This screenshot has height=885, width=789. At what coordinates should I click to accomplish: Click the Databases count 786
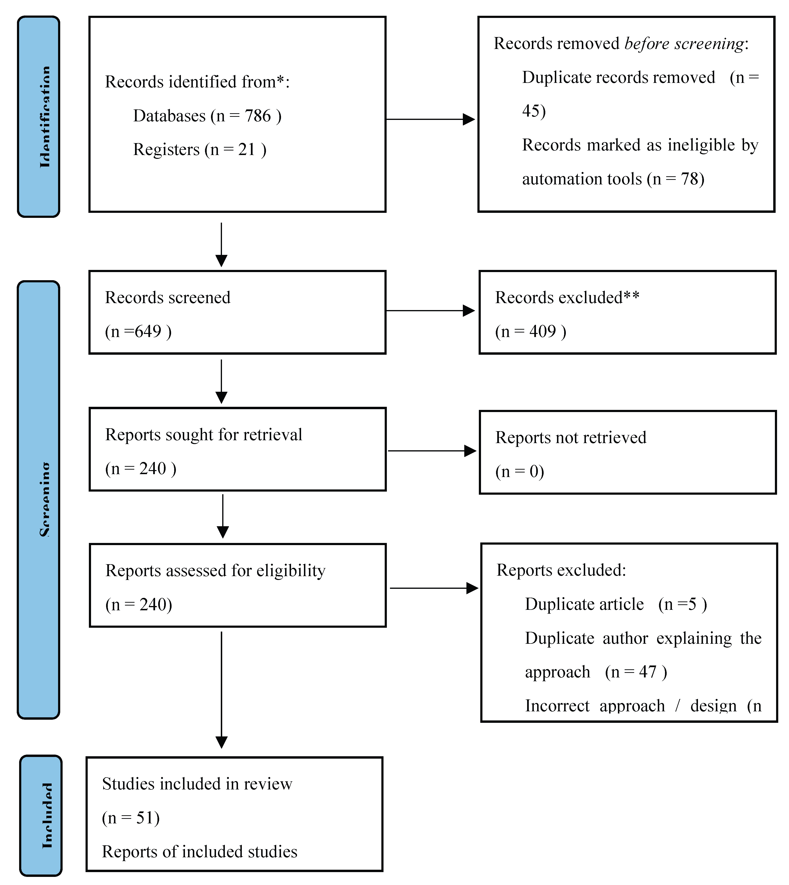click(x=258, y=116)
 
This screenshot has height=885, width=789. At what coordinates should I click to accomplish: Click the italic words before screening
click(x=684, y=44)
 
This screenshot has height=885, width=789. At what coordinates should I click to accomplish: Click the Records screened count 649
click(x=148, y=332)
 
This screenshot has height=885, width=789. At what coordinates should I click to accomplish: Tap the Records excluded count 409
click(x=542, y=332)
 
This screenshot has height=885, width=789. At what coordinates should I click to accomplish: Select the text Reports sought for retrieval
click(x=203, y=435)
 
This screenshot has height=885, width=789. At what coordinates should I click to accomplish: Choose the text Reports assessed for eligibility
click(x=215, y=571)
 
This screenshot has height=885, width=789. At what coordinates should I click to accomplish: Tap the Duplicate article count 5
click(x=692, y=604)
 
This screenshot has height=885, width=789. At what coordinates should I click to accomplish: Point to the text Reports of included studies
click(x=200, y=852)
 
